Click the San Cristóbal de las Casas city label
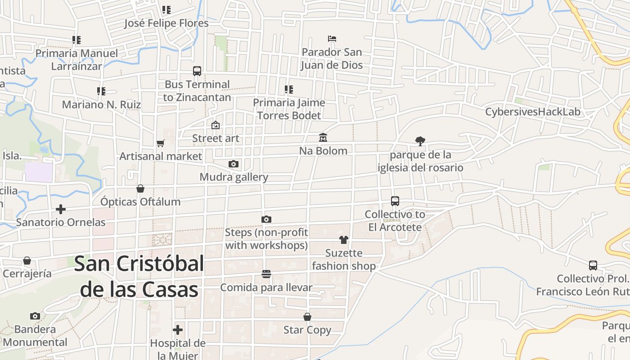[139, 277]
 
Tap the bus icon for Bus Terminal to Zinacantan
[197, 71]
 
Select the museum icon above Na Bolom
[323, 137]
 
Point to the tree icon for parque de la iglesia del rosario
[420, 141]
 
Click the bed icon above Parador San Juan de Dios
[332, 39]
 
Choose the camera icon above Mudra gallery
[233, 164]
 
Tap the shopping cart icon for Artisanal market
[161, 143]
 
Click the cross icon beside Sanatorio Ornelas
[61, 209]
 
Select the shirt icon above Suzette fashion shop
[344, 239]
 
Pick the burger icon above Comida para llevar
[266, 274]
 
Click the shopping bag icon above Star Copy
[307, 317]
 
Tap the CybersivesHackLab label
[533, 112]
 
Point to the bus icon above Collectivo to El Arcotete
[395, 201]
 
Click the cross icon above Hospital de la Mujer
[178, 330]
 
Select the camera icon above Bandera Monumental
[35, 316]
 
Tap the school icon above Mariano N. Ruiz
[101, 91]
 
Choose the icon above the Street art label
[216, 125]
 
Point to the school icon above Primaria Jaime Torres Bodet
[289, 90]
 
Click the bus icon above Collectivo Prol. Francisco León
[593, 265]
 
